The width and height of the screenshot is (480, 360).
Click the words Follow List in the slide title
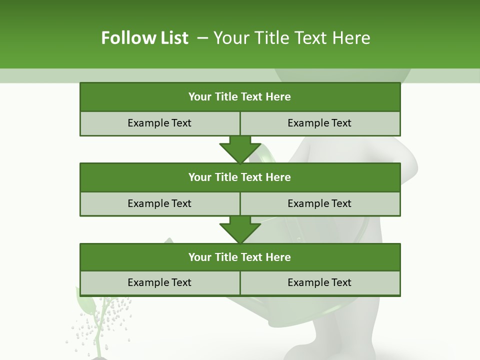145,38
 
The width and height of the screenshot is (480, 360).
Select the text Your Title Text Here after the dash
292,38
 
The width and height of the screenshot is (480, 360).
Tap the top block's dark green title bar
239,97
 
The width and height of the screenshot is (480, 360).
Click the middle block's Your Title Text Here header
239,177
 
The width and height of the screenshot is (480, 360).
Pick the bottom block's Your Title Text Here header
239,257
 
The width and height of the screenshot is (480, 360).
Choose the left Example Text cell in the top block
159,123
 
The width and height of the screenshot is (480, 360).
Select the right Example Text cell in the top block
319,123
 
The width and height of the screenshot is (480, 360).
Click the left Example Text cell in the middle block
159,203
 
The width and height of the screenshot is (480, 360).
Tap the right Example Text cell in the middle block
319,203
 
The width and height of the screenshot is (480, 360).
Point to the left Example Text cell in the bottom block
159,282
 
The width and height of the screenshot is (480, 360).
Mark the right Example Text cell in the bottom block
319,282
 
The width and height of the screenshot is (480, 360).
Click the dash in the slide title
202,38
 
